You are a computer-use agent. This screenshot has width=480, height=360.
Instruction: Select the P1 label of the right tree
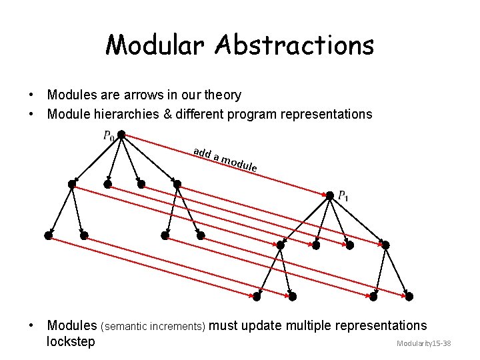343,196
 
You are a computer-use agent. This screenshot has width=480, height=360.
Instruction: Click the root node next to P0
121,135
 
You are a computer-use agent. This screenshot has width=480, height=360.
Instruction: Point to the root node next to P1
329,195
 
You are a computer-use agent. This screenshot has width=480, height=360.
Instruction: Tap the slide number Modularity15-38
424,343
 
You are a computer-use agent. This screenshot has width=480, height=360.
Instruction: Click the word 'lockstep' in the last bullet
71,342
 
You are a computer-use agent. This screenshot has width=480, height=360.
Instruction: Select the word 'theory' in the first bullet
223,95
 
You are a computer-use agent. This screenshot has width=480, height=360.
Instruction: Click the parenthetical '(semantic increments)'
153,327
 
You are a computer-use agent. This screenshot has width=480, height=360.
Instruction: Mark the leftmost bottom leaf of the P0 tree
48,235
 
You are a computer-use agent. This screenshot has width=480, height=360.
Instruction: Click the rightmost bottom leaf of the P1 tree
409,296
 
